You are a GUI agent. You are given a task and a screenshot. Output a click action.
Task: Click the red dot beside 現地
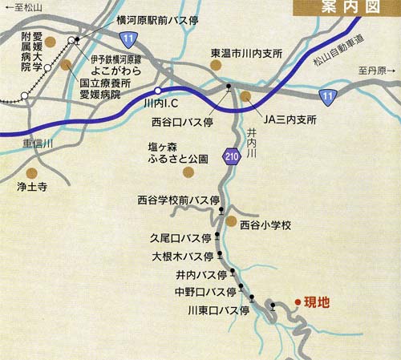pos(298,301)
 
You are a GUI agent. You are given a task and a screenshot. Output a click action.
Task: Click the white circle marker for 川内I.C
pos(157,91)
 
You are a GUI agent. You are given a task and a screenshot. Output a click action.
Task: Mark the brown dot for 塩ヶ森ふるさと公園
pos(188,171)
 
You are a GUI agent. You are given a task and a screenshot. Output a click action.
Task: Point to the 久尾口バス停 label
pos(180,238)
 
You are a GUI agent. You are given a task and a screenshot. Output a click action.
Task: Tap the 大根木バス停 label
pos(183,257)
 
